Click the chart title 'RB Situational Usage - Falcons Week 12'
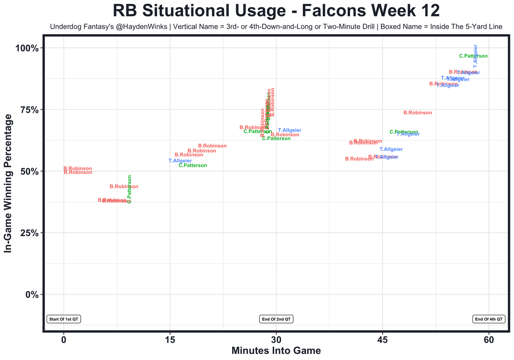tap(276, 11)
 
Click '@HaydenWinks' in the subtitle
tap(147, 27)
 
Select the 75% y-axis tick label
tap(29, 110)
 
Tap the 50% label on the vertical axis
tap(29, 171)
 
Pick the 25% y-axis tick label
tap(29, 233)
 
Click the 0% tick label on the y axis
tap(31, 295)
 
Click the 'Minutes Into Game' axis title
tap(276, 351)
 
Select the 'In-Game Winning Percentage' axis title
tap(8, 183)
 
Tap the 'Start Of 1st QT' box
tap(64, 319)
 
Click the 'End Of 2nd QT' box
tap(276, 319)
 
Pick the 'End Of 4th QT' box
tap(488, 319)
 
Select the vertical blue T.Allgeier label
tap(475, 56)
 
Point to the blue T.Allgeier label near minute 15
tap(180, 161)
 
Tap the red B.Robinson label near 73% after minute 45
tap(418, 113)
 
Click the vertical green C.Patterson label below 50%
tap(129, 189)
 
